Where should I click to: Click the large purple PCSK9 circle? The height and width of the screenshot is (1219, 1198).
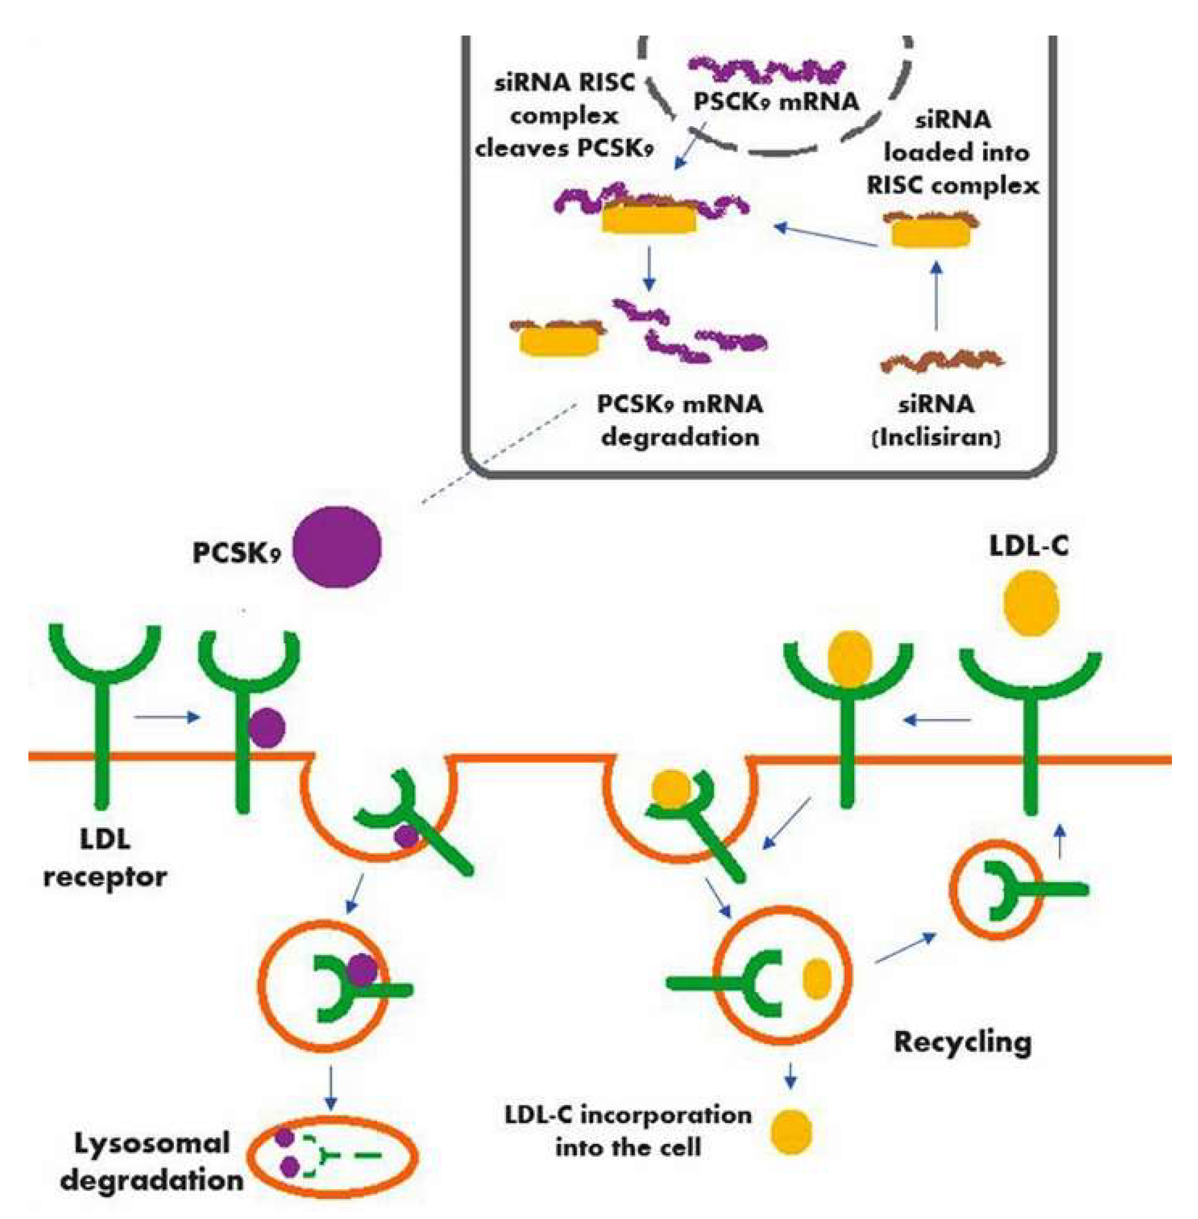click(x=337, y=547)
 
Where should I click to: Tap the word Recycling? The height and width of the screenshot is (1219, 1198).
click(x=962, y=1041)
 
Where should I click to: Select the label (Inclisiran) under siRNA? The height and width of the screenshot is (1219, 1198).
click(x=936, y=438)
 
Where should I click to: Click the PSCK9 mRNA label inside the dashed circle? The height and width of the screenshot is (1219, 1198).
click(x=776, y=101)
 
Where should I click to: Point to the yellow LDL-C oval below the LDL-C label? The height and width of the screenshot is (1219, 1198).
click(x=1030, y=603)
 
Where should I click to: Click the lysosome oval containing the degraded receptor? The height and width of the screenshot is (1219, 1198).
click(x=332, y=1156)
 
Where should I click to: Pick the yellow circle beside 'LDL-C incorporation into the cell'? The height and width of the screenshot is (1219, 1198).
click(x=791, y=1132)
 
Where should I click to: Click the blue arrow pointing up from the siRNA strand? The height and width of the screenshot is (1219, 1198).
click(x=936, y=296)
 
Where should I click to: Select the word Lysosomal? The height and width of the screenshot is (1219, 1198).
click(x=152, y=1143)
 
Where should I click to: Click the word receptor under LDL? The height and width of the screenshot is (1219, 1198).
click(x=105, y=877)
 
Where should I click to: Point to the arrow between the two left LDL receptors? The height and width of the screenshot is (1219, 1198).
click(x=168, y=717)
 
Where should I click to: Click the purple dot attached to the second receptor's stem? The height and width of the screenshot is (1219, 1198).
click(x=267, y=728)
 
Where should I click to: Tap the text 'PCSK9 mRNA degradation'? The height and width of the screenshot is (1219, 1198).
click(x=680, y=420)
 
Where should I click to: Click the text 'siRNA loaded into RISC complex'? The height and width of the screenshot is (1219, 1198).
click(x=953, y=152)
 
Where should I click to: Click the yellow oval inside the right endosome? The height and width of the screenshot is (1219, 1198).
click(x=817, y=979)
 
